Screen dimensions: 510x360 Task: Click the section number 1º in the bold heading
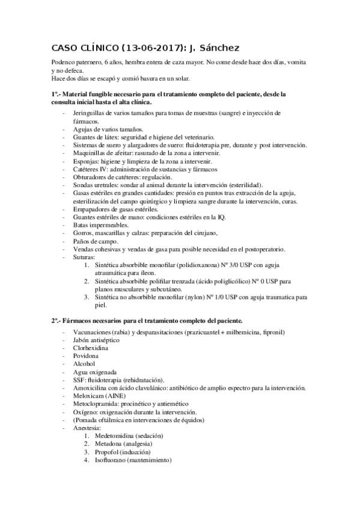tap(55, 94)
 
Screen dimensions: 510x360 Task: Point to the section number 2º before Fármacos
tap(55, 321)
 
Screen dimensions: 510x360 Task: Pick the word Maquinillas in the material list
tap(91, 154)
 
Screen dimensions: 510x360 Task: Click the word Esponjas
tap(85, 162)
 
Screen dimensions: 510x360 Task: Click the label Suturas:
tap(85, 257)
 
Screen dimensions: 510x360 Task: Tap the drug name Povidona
tap(87, 357)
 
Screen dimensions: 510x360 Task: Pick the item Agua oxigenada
tap(94, 373)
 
